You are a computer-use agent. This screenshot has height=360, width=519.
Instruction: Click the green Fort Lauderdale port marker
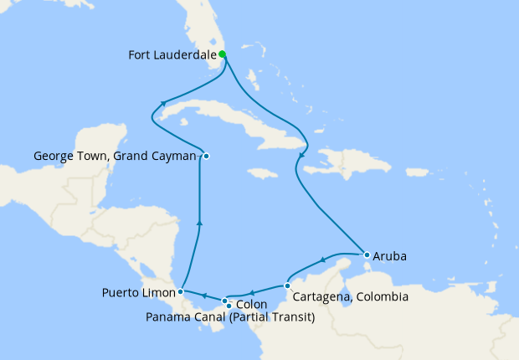[x=222, y=55]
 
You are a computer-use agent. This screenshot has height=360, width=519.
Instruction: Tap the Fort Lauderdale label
[x=172, y=56]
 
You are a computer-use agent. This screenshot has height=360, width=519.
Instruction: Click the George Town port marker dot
[x=206, y=156]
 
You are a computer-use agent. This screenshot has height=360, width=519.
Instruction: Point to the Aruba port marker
[x=367, y=255]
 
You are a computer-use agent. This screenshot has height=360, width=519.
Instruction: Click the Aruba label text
[x=390, y=257]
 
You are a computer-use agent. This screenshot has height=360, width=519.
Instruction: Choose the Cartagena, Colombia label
[x=352, y=297]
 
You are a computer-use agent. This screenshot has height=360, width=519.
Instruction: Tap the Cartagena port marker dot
[x=287, y=286]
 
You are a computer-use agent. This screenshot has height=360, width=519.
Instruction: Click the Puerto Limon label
[x=139, y=292]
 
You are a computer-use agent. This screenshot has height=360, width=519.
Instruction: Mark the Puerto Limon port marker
[x=181, y=292]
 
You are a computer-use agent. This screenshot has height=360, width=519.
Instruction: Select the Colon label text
[x=252, y=305]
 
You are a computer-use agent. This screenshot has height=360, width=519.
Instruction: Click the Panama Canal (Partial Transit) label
[x=230, y=317]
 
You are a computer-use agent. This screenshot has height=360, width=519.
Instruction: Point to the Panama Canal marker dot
[x=229, y=306]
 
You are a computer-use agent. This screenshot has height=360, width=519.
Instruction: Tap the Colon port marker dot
[x=224, y=300]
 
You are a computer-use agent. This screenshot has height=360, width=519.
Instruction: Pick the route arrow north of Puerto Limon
[x=198, y=222]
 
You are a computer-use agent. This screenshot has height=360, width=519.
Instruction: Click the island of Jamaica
[x=262, y=172]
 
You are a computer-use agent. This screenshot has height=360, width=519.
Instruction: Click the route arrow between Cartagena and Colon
[x=253, y=292]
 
